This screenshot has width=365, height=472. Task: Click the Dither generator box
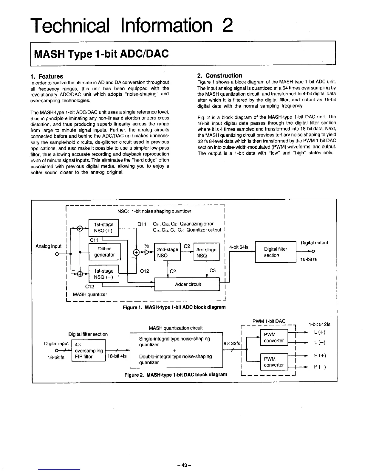pyautogui.click(x=104, y=252)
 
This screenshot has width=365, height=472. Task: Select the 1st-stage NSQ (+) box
pyautogui.click(x=103, y=227)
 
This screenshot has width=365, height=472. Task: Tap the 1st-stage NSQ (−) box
pyautogui.click(x=103, y=274)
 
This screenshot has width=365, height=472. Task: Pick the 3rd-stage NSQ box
pyautogui.click(x=206, y=252)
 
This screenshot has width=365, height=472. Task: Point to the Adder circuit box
pyautogui.click(x=188, y=284)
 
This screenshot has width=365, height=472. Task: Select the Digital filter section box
pyautogui.click(x=275, y=252)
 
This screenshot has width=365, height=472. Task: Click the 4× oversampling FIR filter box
pyautogui.click(x=89, y=350)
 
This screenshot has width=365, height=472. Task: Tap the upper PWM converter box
pyautogui.click(x=274, y=338)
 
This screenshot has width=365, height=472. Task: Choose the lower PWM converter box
pyautogui.click(x=274, y=362)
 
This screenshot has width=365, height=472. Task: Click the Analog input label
pyautogui.click(x=48, y=246)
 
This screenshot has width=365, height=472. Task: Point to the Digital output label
pyautogui.click(x=314, y=243)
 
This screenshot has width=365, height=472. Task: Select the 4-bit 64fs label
pyautogui.click(x=239, y=247)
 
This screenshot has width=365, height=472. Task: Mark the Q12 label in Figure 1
pyautogui.click(x=144, y=271)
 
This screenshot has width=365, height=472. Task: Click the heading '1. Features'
pyautogui.click(x=47, y=77)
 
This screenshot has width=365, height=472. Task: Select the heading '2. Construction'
pyautogui.click(x=220, y=76)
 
